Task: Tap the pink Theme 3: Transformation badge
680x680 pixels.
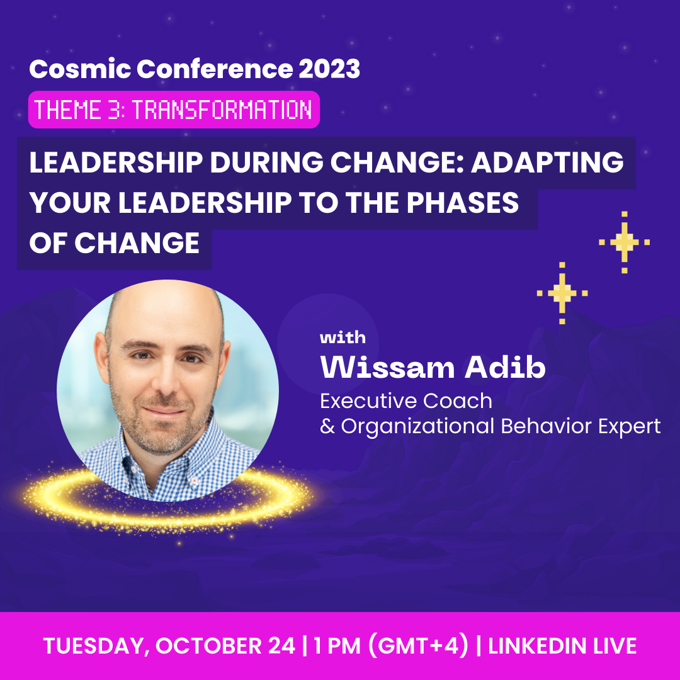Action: point(174,110)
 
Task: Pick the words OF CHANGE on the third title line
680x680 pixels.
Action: point(115,242)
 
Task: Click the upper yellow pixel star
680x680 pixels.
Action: point(624,242)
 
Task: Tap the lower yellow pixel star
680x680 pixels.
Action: point(562,293)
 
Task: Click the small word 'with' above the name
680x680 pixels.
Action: point(343,338)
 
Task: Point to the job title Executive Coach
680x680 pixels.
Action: point(406,400)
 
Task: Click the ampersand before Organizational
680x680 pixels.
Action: point(327,427)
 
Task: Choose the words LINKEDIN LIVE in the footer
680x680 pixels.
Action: point(562,646)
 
